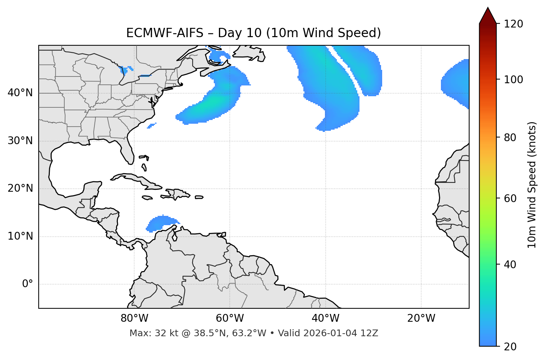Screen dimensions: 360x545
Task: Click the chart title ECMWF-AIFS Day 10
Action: [x=254, y=33]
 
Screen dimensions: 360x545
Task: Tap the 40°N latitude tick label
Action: [x=20, y=93]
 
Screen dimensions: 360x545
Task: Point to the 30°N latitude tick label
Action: [x=20, y=141]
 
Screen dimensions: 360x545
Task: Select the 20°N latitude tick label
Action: [x=20, y=188]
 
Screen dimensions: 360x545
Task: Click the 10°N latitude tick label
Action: [x=20, y=236]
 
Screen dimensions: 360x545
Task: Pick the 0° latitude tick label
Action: [x=27, y=284]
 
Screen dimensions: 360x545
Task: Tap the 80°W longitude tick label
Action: [x=134, y=318]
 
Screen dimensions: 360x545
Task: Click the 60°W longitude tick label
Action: [x=230, y=318]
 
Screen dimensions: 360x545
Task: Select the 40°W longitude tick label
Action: [x=325, y=318]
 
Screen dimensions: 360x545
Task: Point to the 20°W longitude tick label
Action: [x=421, y=318]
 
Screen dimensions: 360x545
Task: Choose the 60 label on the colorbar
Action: [x=512, y=198]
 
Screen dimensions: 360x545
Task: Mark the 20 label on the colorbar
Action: [x=512, y=347]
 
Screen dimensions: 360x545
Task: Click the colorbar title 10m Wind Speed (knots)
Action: [x=532, y=185]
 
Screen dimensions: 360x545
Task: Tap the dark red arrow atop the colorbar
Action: [x=488, y=16]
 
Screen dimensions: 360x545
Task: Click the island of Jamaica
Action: [x=147, y=198]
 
